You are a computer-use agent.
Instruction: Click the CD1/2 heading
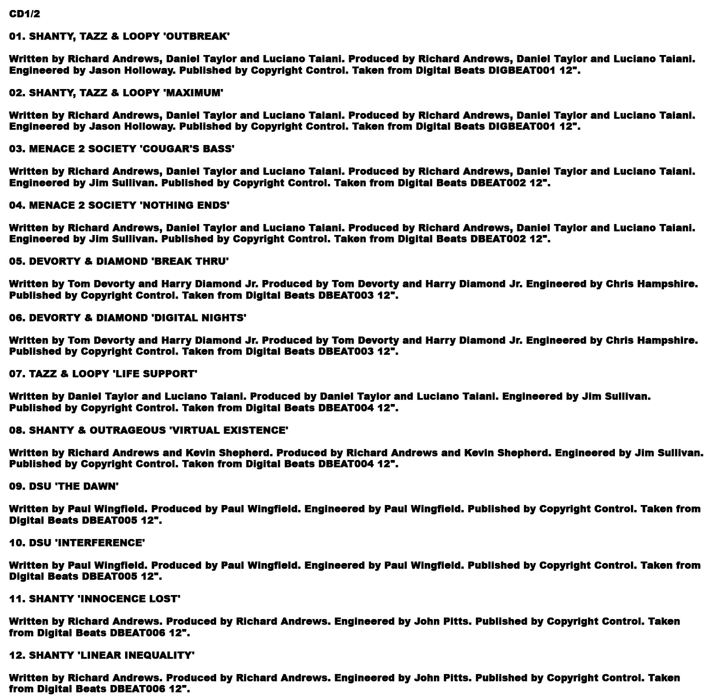tap(25, 14)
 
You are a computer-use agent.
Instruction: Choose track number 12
tap(16, 655)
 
